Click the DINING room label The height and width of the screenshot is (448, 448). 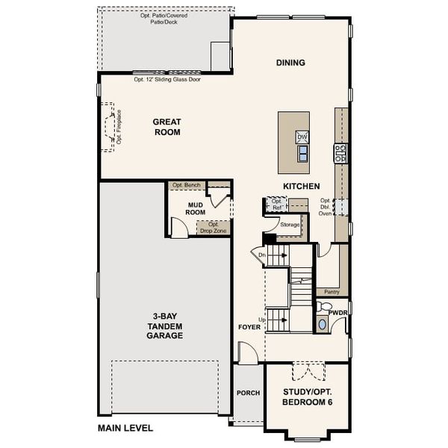(x=290, y=63)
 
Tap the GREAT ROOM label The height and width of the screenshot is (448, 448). (x=167, y=127)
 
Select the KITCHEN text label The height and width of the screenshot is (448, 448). (x=301, y=186)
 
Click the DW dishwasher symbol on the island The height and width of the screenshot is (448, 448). (x=302, y=137)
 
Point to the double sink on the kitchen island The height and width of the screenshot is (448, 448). (x=302, y=154)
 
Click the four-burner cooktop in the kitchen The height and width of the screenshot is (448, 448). (x=340, y=153)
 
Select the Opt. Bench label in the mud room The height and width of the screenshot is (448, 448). (x=184, y=185)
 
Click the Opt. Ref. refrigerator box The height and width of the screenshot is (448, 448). (x=276, y=204)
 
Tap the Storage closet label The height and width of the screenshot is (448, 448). (x=290, y=224)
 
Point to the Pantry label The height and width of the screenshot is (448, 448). (x=332, y=292)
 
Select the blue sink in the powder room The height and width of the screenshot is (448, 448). (x=322, y=324)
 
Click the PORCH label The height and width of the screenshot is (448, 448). (x=247, y=393)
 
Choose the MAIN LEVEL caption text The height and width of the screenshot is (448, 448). (x=125, y=428)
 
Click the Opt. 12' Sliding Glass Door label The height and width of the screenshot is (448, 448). (x=167, y=79)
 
